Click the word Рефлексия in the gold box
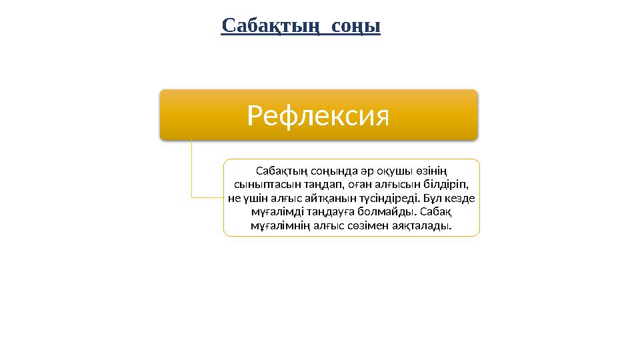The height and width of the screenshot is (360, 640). [x=318, y=116]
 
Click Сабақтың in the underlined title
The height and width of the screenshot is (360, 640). [x=265, y=26]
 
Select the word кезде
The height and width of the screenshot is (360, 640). [x=460, y=198]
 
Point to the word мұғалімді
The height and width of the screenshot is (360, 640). [x=274, y=211]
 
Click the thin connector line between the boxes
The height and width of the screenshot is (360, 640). [x=191, y=173]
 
